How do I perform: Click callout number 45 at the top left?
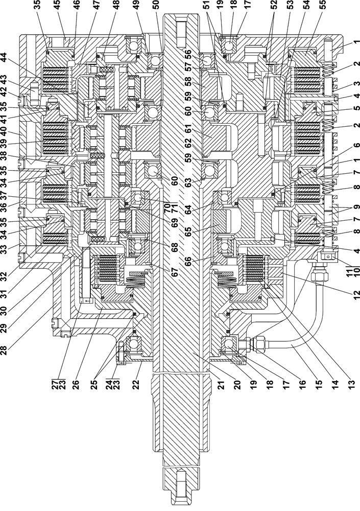56,10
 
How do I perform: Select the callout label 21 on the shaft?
196,369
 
